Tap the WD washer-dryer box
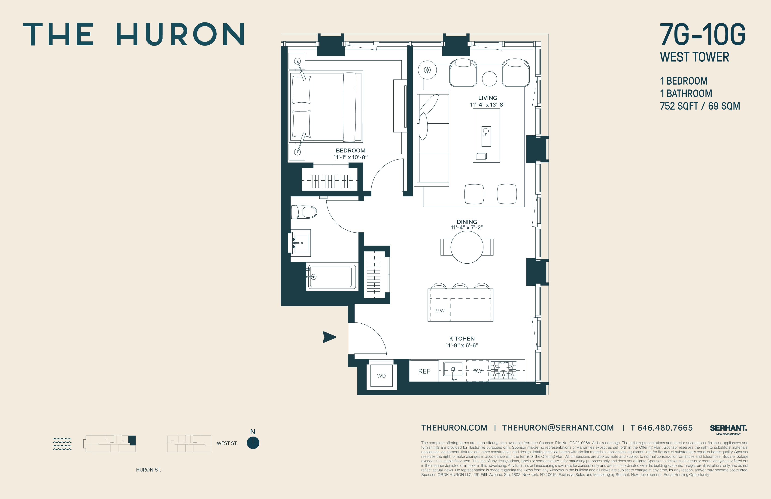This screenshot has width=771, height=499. coord(381,376)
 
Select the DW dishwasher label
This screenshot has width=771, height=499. coord(477,371)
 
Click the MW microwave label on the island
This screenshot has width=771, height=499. coord(440,310)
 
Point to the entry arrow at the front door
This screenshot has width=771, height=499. coord(329,337)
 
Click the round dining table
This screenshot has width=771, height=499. coord(467,247)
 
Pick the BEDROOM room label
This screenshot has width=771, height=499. coord(351,150)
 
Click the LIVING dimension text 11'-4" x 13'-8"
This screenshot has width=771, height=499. coord(488,105)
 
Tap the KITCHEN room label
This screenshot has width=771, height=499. coord(462,338)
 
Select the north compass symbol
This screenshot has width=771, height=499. coord(253,443)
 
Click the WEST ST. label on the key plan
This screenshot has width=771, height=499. coord(227,443)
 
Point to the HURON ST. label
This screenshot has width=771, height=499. coord(148,469)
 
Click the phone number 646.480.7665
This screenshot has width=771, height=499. coord(665,428)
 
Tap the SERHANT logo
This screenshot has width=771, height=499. coord(728,428)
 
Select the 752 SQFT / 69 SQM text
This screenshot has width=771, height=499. coord(700,106)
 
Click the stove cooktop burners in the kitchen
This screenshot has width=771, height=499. coord(503,370)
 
